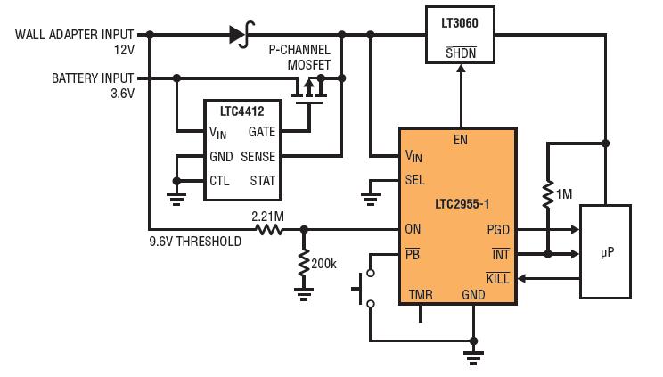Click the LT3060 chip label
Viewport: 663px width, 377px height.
point(460,23)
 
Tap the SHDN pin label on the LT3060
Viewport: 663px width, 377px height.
point(461,53)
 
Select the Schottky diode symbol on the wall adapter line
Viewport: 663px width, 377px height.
point(241,34)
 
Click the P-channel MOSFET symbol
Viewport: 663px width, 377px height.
point(309,90)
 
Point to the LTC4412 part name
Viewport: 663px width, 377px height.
point(241,111)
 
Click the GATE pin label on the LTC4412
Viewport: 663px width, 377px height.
point(262,132)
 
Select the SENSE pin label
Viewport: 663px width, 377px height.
point(258,157)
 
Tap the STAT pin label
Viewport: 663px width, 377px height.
point(263,181)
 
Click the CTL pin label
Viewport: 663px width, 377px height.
point(219,181)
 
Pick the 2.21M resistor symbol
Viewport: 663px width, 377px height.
point(269,230)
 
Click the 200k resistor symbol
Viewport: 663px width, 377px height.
point(304,262)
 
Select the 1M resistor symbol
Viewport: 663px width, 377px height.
point(548,194)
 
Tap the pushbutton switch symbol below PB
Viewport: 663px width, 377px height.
point(364,289)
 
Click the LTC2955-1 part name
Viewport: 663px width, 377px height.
point(462,204)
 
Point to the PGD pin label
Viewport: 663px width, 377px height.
point(498,230)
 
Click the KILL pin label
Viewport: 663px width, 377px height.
point(497,278)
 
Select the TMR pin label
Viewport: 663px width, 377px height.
point(421,294)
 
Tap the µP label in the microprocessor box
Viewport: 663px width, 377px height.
point(607,252)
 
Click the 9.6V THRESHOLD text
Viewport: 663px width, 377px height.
point(195,242)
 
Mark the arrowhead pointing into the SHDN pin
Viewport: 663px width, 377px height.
point(461,69)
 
